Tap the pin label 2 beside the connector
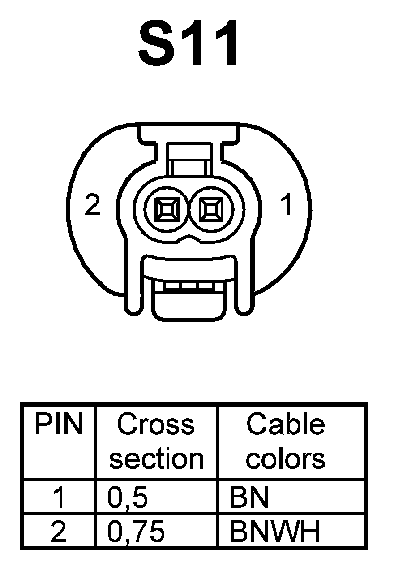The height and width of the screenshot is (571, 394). pyautogui.click(x=92, y=206)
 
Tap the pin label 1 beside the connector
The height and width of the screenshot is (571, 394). pyautogui.click(x=286, y=206)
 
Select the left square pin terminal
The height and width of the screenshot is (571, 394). pyautogui.click(x=167, y=209)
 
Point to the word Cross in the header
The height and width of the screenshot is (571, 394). pyautogui.click(x=156, y=424)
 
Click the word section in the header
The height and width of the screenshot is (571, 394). pyautogui.click(x=156, y=459)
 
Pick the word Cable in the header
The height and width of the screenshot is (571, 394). pyautogui.click(x=286, y=424)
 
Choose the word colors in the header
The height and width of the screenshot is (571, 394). pyautogui.click(x=286, y=459)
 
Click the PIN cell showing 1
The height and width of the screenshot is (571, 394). pyautogui.click(x=59, y=497)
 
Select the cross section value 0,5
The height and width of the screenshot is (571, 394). pyautogui.click(x=128, y=497)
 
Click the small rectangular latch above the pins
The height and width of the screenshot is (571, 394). pyautogui.click(x=188, y=160)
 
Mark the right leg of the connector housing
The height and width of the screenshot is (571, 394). pyautogui.click(x=244, y=287)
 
